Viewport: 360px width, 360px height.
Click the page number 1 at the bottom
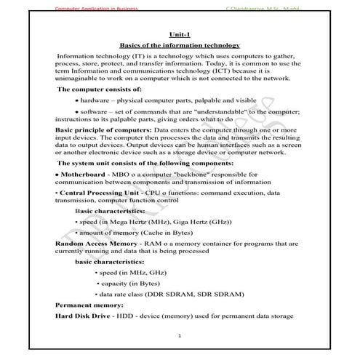[x=180, y=336]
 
